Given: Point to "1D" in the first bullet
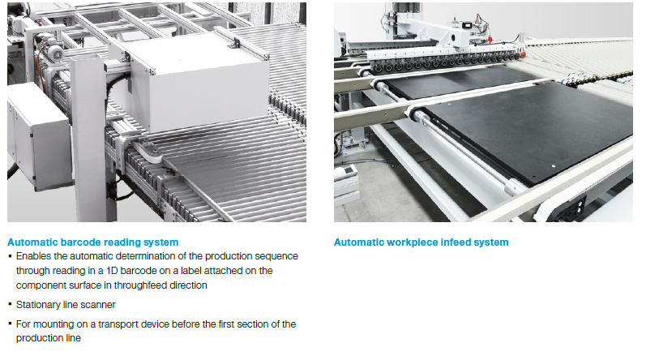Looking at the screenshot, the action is tap(112, 271).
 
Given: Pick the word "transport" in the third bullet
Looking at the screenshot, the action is tap(118, 324).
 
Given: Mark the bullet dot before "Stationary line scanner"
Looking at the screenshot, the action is tap(10, 303).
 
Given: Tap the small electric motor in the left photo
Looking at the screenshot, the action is tap(51, 51).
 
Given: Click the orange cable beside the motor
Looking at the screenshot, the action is tap(41, 67).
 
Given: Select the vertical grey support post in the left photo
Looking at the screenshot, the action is tap(89, 139).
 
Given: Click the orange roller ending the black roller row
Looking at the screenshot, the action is tap(522, 55).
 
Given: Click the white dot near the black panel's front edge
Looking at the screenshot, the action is tap(554, 166).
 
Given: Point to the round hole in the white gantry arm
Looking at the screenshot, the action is tap(453, 38).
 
